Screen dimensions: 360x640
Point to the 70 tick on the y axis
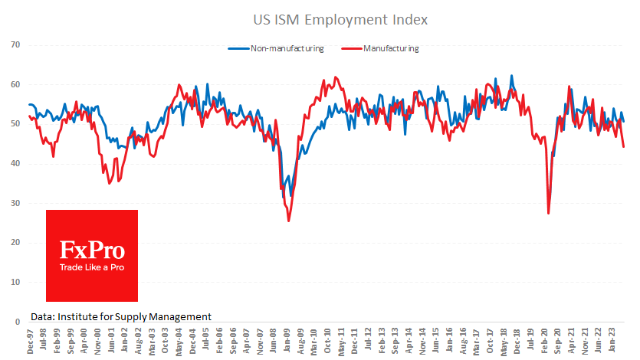coord(14,44)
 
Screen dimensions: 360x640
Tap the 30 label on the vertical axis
coord(14,203)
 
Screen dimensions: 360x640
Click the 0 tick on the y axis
coord(16,322)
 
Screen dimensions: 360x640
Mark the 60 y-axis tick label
coord(14,84)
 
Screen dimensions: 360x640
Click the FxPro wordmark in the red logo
coord(92,250)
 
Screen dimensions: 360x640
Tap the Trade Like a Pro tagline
coord(92,268)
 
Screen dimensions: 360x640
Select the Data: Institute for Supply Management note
coord(121,316)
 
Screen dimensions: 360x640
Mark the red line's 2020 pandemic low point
coord(549,213)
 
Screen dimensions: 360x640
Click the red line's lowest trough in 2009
coord(289,221)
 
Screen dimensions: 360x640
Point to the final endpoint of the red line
coord(624,146)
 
